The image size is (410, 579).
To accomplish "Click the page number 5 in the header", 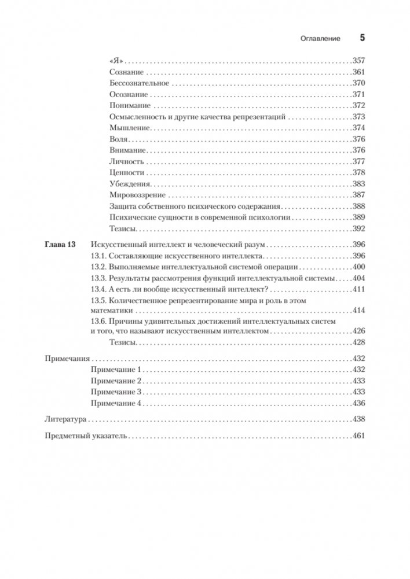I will [x=363, y=38].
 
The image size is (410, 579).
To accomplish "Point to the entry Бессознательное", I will [x=137, y=83].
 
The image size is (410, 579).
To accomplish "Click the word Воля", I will [x=118, y=139].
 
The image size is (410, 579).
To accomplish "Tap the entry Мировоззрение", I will [x=137, y=194].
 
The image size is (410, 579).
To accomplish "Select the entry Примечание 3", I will [x=116, y=392].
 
